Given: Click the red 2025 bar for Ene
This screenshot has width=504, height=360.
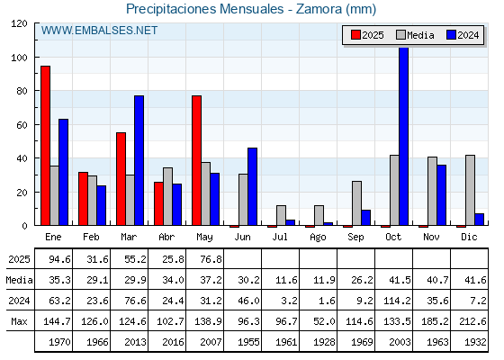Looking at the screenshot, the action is (45, 146).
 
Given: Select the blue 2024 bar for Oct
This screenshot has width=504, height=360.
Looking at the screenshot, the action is (404, 136).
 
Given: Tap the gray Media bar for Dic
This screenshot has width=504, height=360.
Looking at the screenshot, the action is (470, 190).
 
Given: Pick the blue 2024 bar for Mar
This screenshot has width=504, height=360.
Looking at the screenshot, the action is (139, 160).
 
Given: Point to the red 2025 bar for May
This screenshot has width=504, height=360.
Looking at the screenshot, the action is (197, 160).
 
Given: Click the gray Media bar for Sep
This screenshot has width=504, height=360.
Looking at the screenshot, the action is (356, 203).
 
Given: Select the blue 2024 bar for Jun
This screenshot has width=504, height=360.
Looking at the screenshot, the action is (252, 186).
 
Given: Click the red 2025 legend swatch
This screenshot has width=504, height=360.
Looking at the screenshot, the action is (355, 35).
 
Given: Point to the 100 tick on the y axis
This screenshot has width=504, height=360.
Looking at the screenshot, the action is (37, 58).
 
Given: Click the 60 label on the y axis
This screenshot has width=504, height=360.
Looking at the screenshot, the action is (22, 125).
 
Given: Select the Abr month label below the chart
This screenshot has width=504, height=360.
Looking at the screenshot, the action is (166, 238).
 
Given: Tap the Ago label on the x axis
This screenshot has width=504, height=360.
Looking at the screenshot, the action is (318, 238).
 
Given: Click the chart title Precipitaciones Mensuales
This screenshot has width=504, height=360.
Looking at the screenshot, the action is (204, 9).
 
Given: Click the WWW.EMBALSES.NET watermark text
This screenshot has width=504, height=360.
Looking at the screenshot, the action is (99, 31).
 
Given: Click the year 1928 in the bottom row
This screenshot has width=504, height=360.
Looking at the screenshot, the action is (324, 342).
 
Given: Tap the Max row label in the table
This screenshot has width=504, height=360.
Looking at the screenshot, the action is (19, 321).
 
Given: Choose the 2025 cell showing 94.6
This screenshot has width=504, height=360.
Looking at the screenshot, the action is (59, 259).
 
